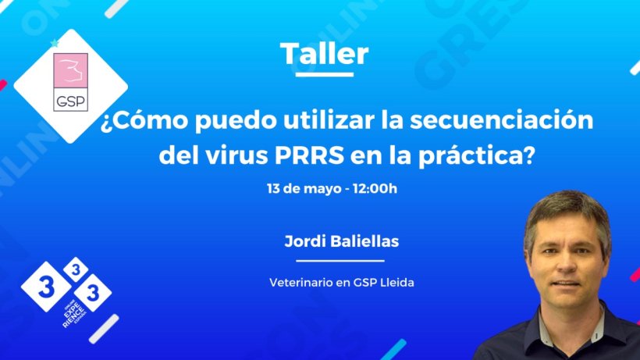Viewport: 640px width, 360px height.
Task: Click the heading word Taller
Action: point(324,54)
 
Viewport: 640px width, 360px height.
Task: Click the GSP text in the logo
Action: point(71,102)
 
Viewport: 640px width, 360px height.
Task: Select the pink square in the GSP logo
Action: point(71,73)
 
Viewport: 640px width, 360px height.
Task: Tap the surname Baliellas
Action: point(364,241)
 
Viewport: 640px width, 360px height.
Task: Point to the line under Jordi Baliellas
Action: point(340,261)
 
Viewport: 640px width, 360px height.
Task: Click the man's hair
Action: point(566,207)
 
